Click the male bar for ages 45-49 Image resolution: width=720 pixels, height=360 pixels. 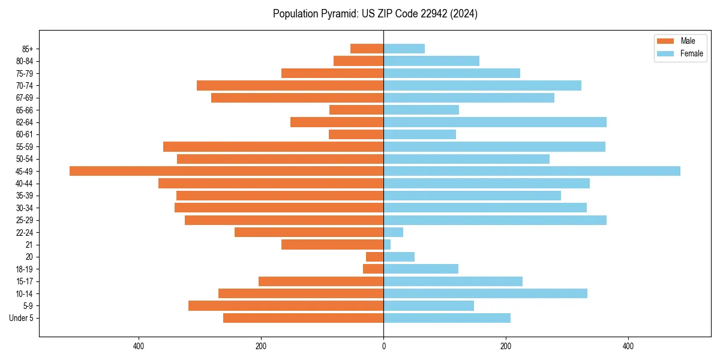pyautogui.click(x=226, y=171)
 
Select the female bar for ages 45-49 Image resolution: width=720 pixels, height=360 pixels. pyautogui.click(x=532, y=171)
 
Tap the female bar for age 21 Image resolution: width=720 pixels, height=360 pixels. pyautogui.click(x=387, y=245)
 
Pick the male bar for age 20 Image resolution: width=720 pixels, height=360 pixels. pyautogui.click(x=375, y=257)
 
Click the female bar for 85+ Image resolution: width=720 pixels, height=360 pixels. pyautogui.click(x=404, y=49)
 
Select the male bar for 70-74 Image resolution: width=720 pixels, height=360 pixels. pyautogui.click(x=290, y=85)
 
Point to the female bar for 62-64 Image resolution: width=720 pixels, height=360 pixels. pyautogui.click(x=495, y=122)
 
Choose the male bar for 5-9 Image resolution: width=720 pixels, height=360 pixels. pyautogui.click(x=286, y=306)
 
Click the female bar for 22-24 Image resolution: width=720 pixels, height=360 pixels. pyautogui.click(x=393, y=232)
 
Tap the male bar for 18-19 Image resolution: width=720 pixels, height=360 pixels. pyautogui.click(x=373, y=269)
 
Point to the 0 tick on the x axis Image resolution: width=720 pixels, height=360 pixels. pyautogui.click(x=383, y=346)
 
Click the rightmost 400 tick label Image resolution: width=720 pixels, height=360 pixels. pyautogui.click(x=628, y=346)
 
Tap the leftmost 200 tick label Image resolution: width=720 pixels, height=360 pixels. pyautogui.click(x=261, y=346)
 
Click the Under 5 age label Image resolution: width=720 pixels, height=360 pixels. pyautogui.click(x=21, y=318)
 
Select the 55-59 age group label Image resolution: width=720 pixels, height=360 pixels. pyautogui.click(x=25, y=146)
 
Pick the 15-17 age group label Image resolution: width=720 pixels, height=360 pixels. pyautogui.click(x=25, y=281)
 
